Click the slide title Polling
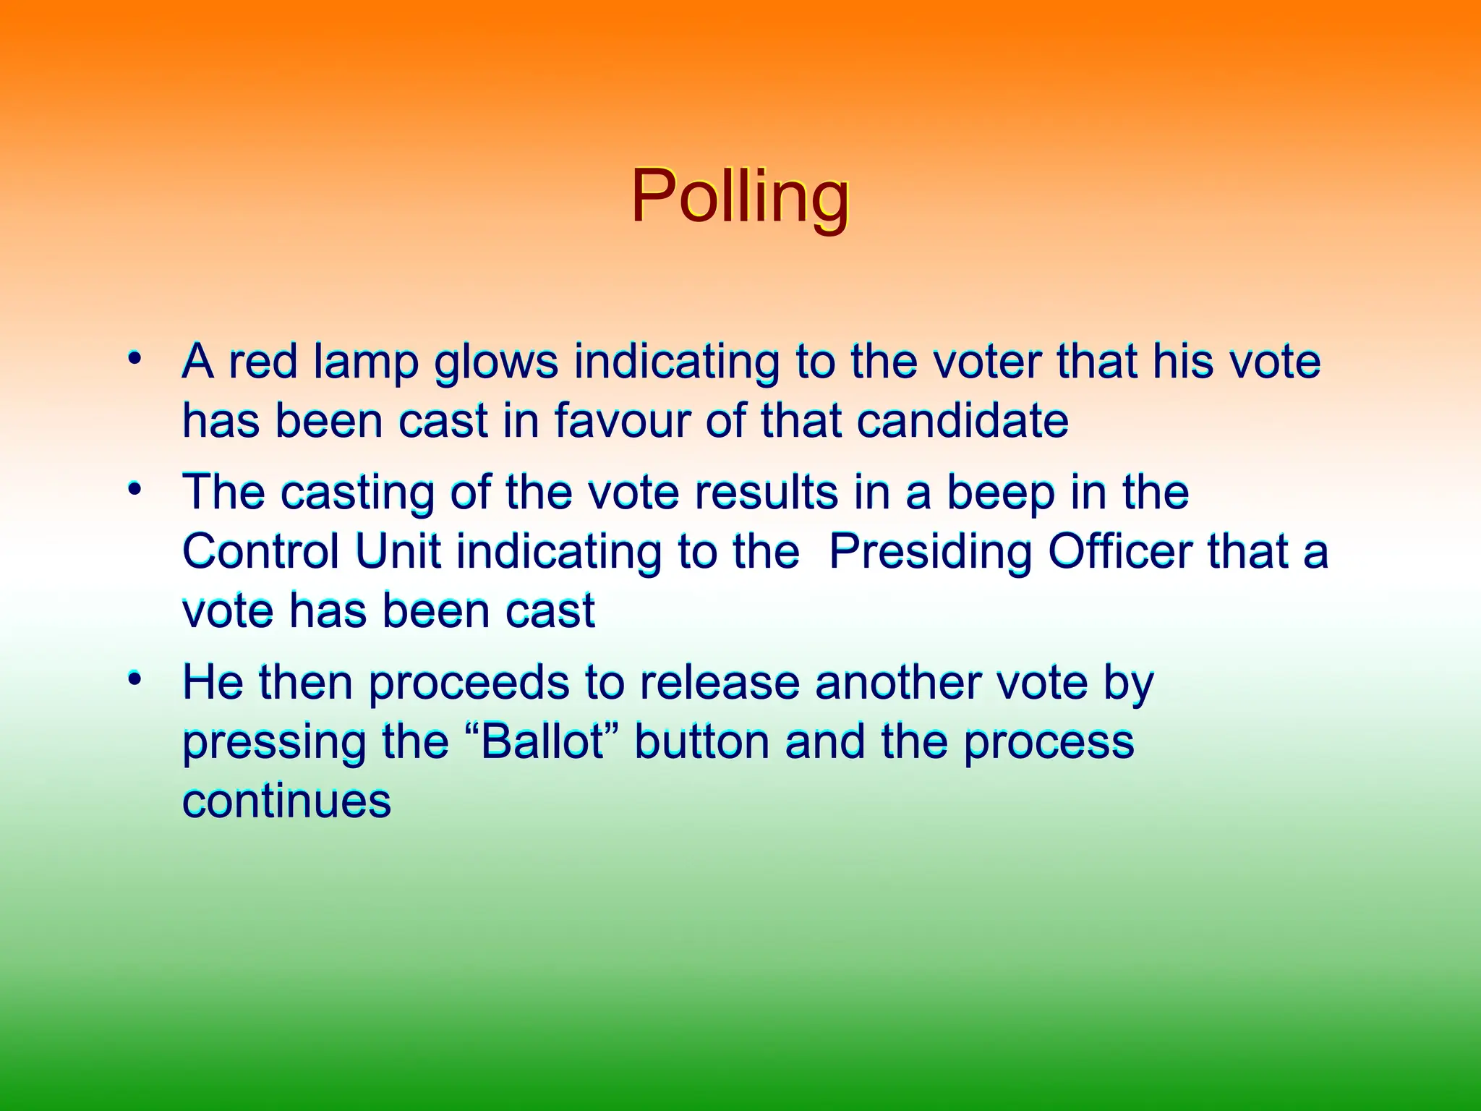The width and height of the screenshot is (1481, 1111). [740, 197]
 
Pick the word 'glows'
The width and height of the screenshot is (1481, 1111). [496, 363]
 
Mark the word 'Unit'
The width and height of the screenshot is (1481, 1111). [398, 552]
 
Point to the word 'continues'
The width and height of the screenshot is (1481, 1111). [286, 801]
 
